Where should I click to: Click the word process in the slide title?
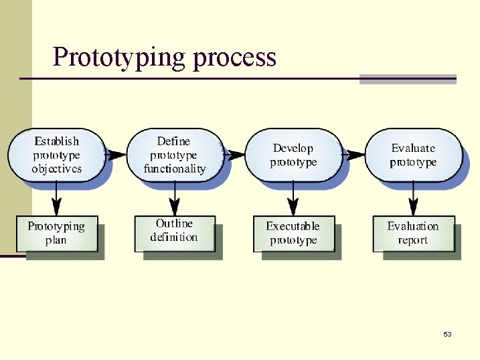[234, 58]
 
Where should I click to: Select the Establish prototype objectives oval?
[57, 155]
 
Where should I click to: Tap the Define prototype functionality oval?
[174, 155]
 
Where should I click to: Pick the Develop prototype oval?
[293, 155]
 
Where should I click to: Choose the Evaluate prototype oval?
[413, 155]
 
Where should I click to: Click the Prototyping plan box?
[56, 233]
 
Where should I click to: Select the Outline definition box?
[174, 232]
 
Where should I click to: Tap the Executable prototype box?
[293, 233]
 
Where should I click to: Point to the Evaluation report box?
[413, 233]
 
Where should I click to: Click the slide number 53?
[447, 334]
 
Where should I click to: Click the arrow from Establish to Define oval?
[116, 155]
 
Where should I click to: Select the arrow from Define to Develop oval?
[235, 155]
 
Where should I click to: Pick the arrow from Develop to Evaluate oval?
[354, 155]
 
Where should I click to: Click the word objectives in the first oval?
[57, 169]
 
